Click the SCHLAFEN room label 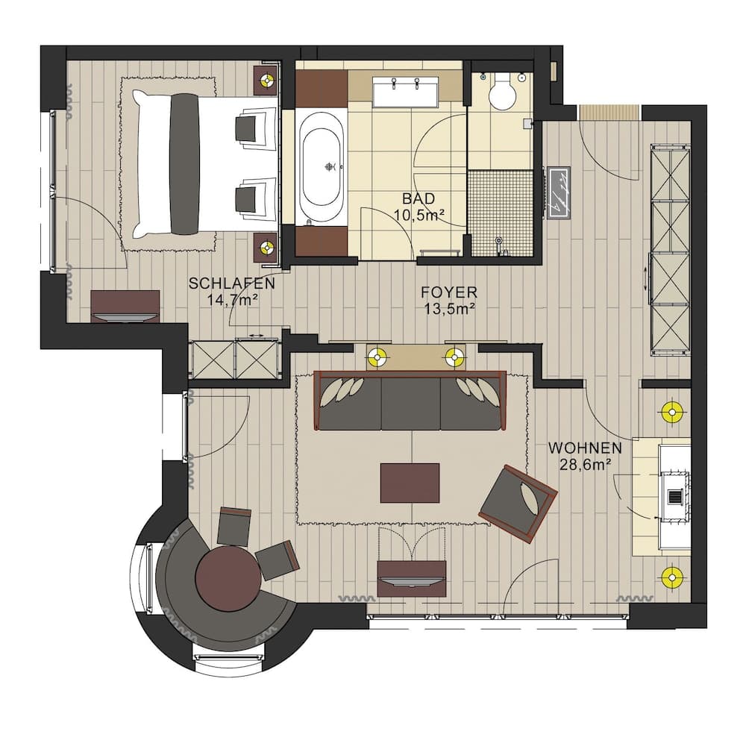click(232, 283)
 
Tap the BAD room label click(419, 199)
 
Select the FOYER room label click(448, 292)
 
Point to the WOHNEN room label click(585, 448)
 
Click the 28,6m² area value click(585, 464)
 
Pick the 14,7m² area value click(232, 299)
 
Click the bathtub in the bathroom click(322, 168)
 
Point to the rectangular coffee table click(410, 483)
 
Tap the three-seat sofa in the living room click(410, 403)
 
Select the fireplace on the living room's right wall click(673, 496)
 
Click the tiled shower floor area click(499, 213)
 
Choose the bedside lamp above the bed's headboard click(267, 80)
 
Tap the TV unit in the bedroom click(125, 306)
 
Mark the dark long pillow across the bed click(184, 163)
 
